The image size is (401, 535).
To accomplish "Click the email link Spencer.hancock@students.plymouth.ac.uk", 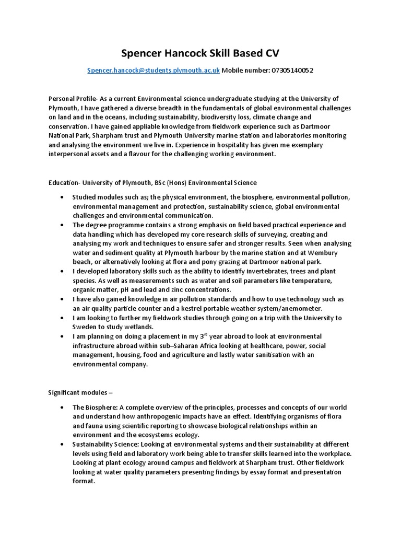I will click(154, 70).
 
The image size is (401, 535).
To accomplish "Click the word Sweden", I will click(85, 327).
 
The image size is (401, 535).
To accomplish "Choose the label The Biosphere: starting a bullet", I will click(94, 408).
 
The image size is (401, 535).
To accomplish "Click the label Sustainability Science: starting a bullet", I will click(105, 444).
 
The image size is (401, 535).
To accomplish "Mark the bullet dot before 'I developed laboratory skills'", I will click(62, 272).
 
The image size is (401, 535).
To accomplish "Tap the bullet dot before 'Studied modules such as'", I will click(62, 197).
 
